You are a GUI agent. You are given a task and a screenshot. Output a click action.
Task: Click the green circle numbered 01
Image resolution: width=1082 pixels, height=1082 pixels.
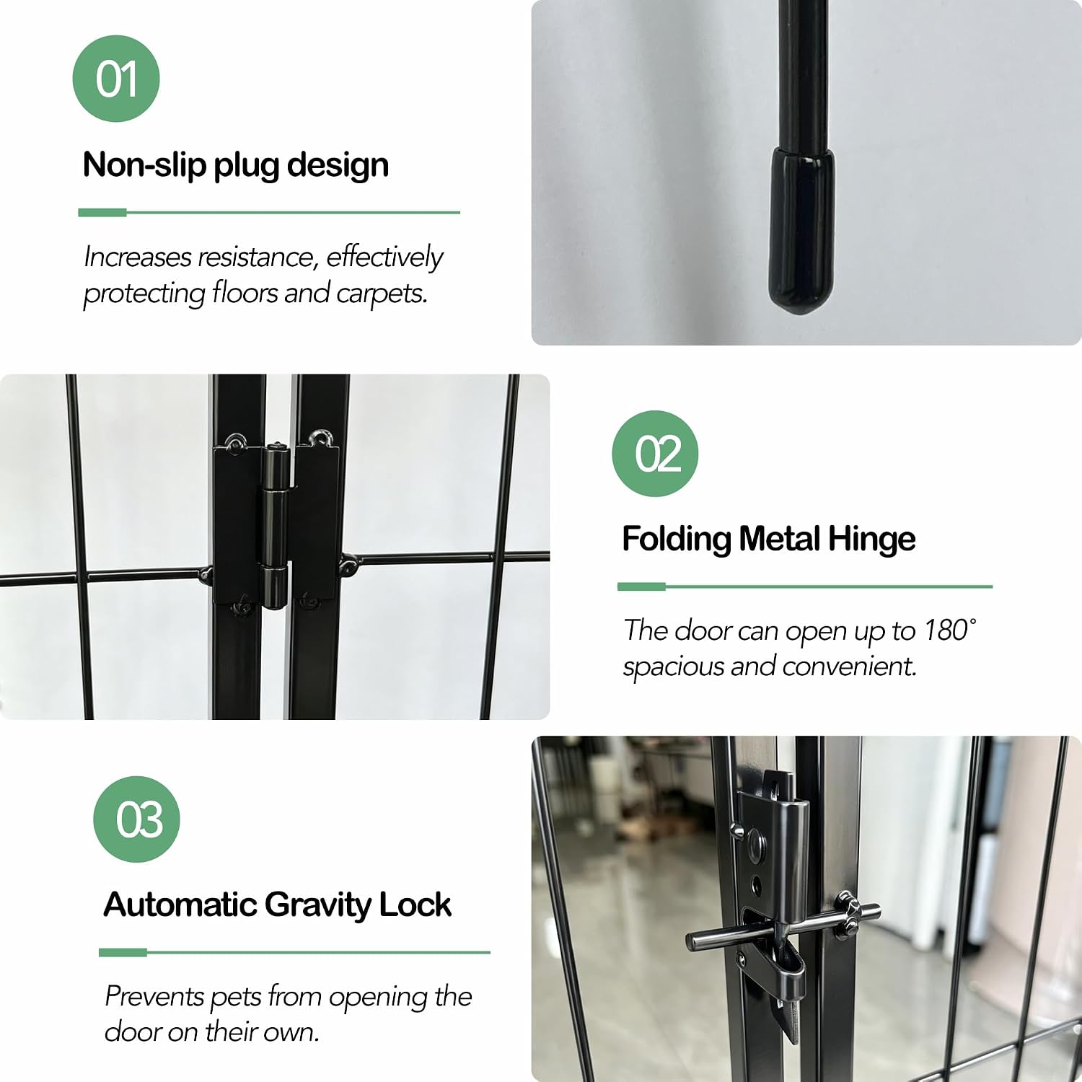pos(116,79)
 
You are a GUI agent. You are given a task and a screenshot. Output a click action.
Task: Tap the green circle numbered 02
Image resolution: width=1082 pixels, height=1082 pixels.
pos(655,454)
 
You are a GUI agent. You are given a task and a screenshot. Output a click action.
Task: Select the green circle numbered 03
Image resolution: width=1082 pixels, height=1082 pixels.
pos(136,819)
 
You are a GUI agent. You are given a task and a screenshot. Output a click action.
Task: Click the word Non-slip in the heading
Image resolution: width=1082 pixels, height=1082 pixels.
pos(144,164)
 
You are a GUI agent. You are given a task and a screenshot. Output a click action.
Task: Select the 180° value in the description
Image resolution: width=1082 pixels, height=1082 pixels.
pos(950,630)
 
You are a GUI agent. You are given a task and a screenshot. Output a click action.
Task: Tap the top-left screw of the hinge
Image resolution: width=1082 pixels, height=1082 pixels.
pos(235,442)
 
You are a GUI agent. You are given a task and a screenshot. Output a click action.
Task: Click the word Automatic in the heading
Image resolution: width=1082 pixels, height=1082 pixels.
pos(180,905)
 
